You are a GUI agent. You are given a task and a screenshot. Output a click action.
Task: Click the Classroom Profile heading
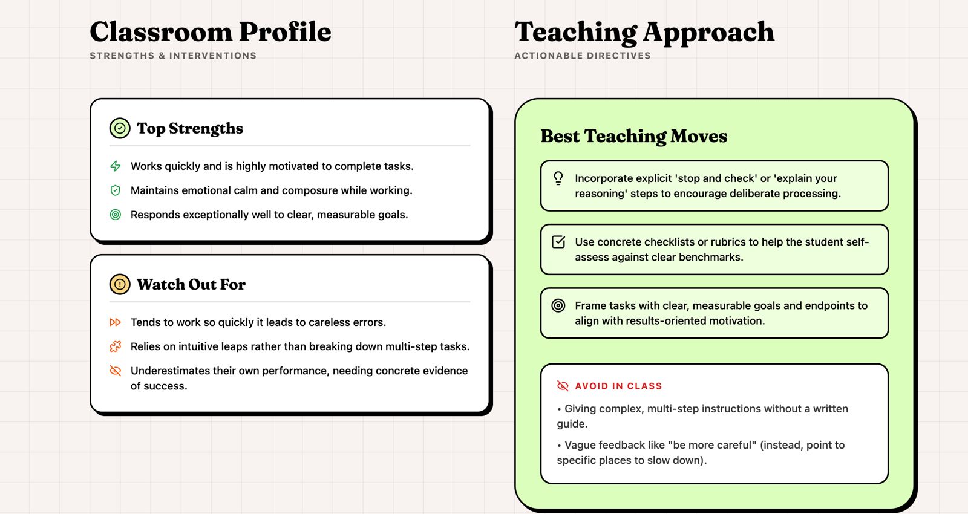[x=211, y=31]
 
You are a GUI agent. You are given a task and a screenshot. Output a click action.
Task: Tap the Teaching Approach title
[x=644, y=33]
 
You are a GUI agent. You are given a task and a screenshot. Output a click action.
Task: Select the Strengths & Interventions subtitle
[x=173, y=56]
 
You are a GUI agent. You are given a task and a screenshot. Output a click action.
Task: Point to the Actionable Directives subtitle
[x=583, y=56]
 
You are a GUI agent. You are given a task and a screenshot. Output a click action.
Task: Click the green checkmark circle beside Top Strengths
[x=120, y=128]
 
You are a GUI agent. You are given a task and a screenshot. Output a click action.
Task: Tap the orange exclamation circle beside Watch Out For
[x=120, y=284]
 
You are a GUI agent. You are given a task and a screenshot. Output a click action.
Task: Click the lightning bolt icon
[x=116, y=166]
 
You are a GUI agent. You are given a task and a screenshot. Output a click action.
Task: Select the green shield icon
[x=116, y=190]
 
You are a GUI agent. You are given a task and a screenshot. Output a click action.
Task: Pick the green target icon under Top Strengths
[x=116, y=215]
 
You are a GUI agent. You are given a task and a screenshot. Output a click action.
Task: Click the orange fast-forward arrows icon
[x=116, y=322]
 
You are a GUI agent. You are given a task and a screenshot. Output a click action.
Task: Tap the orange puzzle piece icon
[x=116, y=346]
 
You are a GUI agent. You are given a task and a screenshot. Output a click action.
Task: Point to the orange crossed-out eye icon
[x=116, y=371]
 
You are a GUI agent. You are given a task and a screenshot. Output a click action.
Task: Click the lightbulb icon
[x=558, y=178]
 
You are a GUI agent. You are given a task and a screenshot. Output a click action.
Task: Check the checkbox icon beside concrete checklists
[x=558, y=242]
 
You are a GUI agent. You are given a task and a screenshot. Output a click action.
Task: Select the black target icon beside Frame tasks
[x=558, y=305]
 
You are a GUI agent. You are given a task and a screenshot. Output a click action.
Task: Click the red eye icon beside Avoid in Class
[x=563, y=386]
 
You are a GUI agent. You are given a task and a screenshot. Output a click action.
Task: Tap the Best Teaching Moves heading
[x=634, y=137]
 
